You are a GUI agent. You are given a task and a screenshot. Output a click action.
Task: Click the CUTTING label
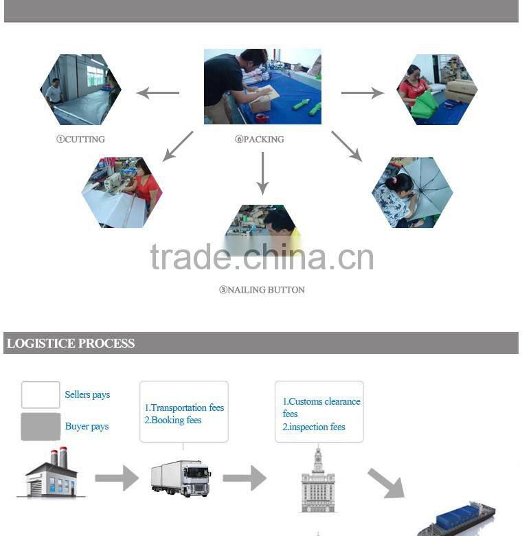(80, 139)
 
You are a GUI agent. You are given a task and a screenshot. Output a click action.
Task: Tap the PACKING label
(260, 139)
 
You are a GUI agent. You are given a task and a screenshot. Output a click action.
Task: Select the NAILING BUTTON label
(262, 290)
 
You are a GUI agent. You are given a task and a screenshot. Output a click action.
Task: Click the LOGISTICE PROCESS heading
(71, 343)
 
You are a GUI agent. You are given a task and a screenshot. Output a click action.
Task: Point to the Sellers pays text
(87, 394)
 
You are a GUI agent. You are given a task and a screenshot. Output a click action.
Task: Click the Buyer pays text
(87, 426)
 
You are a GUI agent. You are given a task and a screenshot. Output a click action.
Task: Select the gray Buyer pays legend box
(41, 427)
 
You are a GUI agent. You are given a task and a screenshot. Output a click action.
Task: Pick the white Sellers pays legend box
(41, 395)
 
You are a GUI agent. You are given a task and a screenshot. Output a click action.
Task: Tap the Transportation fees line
(184, 407)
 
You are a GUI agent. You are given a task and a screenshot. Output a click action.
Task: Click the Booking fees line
(173, 420)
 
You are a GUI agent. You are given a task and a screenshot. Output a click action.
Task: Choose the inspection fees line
(314, 427)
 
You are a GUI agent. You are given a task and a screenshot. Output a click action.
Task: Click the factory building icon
(51, 472)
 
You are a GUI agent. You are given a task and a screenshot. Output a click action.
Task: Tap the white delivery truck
(181, 478)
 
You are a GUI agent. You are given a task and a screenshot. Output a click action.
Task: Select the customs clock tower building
(318, 480)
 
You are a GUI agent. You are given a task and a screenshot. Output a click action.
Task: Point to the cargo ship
(456, 520)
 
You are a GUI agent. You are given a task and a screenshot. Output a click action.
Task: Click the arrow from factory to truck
(117, 478)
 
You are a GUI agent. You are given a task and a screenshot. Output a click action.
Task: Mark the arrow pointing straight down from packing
(262, 173)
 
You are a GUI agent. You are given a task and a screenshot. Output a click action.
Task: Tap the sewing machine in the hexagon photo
(112, 182)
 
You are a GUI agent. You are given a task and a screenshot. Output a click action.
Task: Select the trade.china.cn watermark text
(262, 257)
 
